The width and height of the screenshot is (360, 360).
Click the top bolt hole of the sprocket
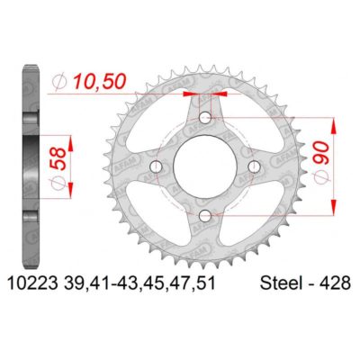point(206,119)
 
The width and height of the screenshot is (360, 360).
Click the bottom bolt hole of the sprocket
point(206,214)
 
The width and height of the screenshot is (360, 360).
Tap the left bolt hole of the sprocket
point(158,166)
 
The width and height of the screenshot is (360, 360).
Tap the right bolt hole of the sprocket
point(254,166)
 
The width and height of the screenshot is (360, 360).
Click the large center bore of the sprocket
point(206,166)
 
